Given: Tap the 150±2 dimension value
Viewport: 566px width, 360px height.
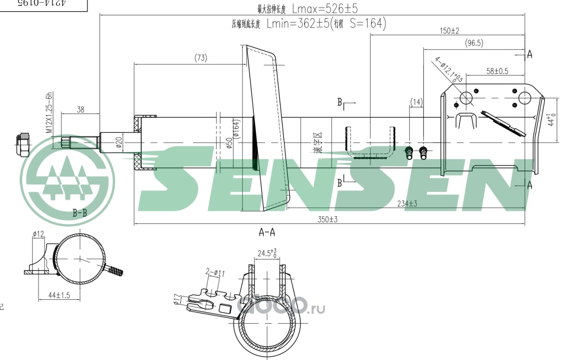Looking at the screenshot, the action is coord(449,31).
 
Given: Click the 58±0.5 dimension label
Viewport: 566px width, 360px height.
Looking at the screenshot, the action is coord(497,71).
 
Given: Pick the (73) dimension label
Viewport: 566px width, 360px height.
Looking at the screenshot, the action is coord(201,58).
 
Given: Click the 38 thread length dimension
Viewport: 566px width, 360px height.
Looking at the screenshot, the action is coord(81,109).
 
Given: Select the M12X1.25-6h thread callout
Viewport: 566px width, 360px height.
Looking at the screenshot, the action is coord(50,112).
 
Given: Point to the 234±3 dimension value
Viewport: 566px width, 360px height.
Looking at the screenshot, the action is coord(407,204).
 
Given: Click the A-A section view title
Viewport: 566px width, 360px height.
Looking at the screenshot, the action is coord(267,232).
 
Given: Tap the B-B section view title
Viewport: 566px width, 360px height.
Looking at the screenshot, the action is coord(80,213).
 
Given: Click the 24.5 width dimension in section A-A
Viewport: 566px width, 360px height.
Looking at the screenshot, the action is coord(267,253).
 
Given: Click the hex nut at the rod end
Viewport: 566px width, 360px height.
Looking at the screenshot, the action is coord(22,144).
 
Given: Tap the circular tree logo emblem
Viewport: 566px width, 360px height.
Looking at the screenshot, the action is coord(67,180).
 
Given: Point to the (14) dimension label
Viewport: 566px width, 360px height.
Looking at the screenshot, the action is coord(417,102).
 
